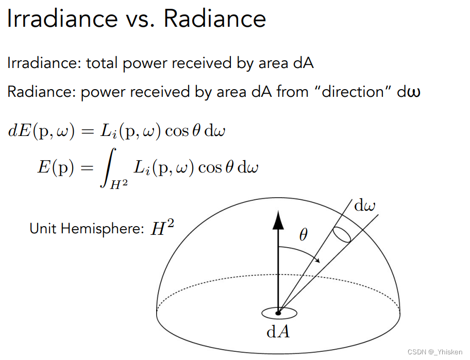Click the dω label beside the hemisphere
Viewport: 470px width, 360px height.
click(365, 206)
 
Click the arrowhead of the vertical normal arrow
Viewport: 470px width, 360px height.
click(278, 221)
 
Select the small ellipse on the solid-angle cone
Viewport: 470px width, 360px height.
click(342, 234)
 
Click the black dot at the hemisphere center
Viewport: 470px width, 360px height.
click(278, 313)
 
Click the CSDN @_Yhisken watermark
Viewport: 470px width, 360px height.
click(436, 351)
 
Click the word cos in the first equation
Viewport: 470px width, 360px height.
click(177, 131)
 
